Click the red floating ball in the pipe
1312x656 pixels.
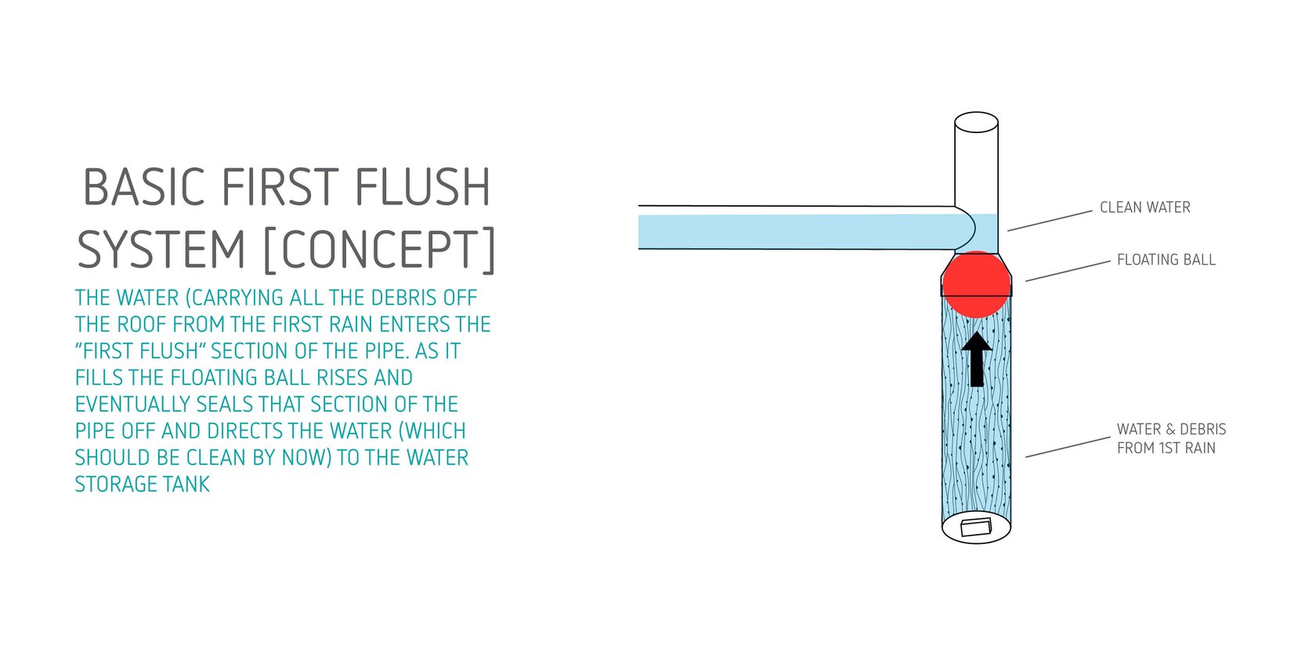pyautogui.click(x=976, y=283)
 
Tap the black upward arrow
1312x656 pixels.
pyautogui.click(x=977, y=359)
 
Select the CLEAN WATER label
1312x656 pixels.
pyautogui.click(x=1144, y=207)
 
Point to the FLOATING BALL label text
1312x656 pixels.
pyautogui.click(x=1166, y=260)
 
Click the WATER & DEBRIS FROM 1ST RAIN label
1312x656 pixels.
pyautogui.click(x=1170, y=438)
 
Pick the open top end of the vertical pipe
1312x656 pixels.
pyautogui.click(x=976, y=122)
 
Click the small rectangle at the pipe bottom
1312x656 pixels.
pyautogui.click(x=976, y=527)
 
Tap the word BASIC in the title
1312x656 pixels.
pyautogui.click(x=143, y=188)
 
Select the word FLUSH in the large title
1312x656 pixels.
pyautogui.click(x=422, y=188)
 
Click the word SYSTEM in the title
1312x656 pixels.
pyautogui.click(x=162, y=251)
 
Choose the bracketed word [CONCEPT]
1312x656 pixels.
pyautogui.click(x=380, y=251)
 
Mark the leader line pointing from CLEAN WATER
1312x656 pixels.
pyautogui.click(x=1050, y=221)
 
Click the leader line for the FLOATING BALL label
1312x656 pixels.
pyautogui.click(x=1068, y=271)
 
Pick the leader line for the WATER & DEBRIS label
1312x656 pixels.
pyautogui.click(x=1068, y=447)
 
